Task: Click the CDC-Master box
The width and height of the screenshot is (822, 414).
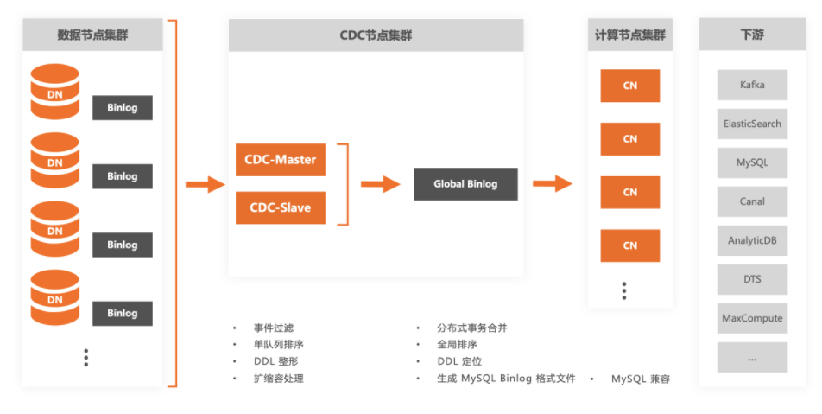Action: click(x=280, y=160)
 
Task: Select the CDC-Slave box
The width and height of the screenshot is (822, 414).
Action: click(x=280, y=207)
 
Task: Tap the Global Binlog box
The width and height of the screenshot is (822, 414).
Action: click(x=465, y=184)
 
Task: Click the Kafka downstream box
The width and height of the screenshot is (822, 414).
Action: click(x=752, y=86)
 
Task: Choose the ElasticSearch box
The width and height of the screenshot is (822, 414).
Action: click(x=752, y=124)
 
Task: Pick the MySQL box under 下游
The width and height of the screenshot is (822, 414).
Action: click(x=752, y=162)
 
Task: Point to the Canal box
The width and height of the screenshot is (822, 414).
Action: click(x=752, y=201)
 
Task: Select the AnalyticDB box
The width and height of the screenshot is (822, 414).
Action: click(x=752, y=240)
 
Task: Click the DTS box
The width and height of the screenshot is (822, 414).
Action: click(x=752, y=279)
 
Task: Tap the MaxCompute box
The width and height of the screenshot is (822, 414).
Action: click(x=752, y=318)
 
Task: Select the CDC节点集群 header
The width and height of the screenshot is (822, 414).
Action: click(x=376, y=35)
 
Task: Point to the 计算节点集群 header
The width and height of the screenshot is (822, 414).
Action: click(x=630, y=35)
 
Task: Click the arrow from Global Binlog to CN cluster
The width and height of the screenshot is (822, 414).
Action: click(x=553, y=183)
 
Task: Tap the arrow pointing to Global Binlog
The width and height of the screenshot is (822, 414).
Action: click(x=380, y=184)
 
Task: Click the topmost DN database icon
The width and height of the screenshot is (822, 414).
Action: click(x=55, y=91)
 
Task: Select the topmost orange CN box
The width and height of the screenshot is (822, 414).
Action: click(x=630, y=86)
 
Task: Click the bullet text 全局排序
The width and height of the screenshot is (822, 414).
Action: click(x=458, y=345)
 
